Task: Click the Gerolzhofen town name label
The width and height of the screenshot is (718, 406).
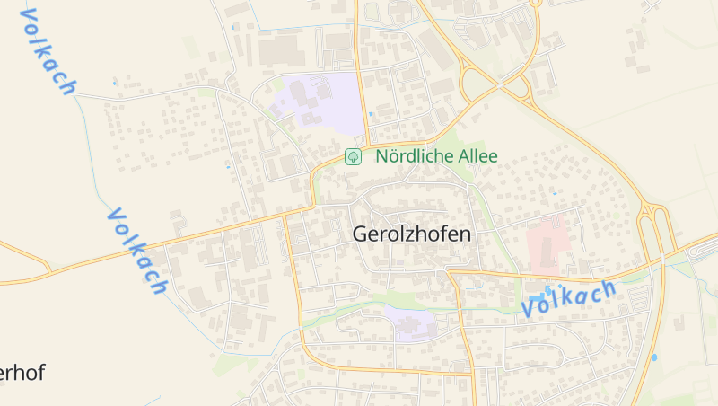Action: (x=412, y=234)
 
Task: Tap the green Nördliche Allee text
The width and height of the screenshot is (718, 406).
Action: (x=436, y=156)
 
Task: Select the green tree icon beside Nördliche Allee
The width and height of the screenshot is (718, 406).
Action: (x=354, y=156)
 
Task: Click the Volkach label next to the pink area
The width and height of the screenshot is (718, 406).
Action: (x=569, y=297)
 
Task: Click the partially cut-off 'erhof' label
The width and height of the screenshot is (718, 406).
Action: (x=22, y=374)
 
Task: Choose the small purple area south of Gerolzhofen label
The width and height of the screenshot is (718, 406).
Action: (x=412, y=322)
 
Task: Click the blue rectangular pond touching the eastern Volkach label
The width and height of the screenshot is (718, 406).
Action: (x=537, y=297)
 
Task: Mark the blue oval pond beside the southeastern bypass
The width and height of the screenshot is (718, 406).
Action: (x=654, y=357)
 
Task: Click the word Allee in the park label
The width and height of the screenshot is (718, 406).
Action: (x=477, y=156)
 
